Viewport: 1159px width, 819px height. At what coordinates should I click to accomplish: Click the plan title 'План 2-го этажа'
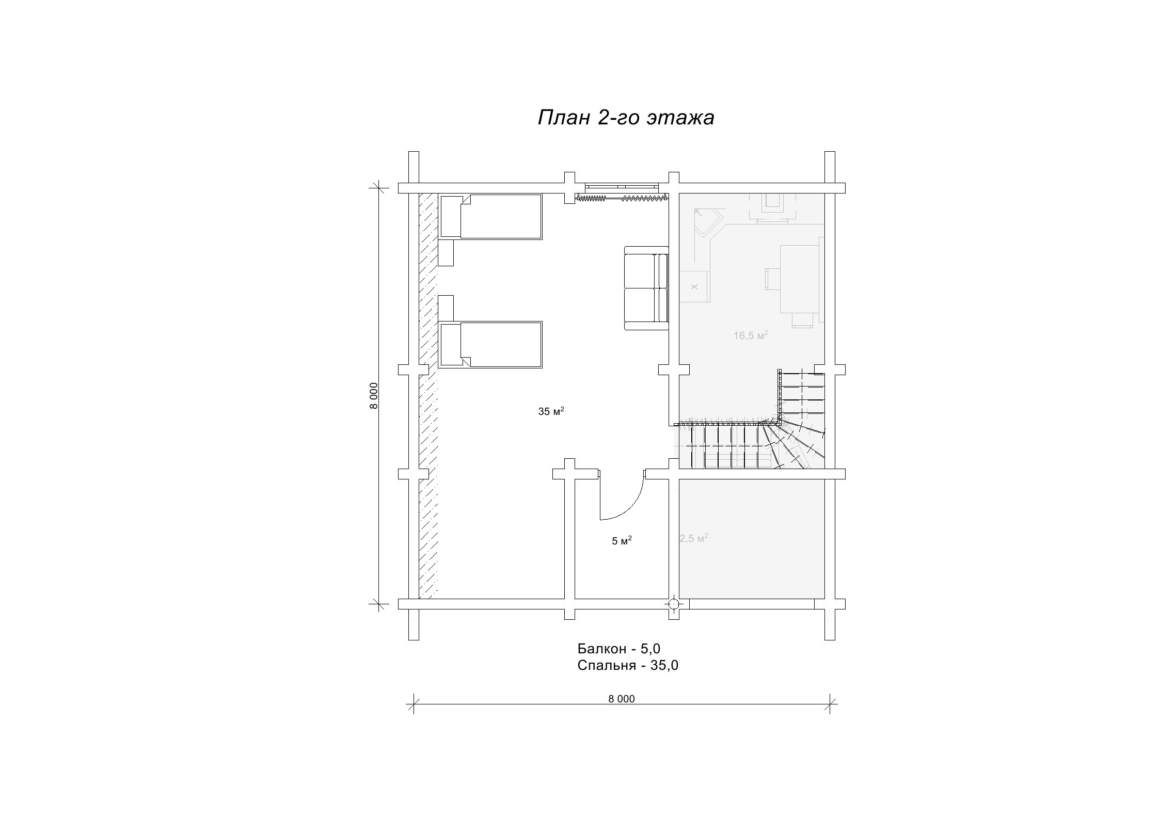(626, 118)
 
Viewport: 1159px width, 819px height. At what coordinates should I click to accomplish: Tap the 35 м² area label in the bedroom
(551, 411)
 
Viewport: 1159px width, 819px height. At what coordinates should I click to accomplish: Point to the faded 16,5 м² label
(751, 335)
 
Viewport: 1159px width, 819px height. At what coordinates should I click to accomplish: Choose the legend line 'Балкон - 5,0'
(619, 648)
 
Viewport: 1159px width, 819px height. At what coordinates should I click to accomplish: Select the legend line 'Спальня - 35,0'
(628, 665)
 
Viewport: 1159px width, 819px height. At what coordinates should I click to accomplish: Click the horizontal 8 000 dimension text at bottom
(621, 699)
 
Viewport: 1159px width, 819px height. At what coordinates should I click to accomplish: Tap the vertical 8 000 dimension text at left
(374, 395)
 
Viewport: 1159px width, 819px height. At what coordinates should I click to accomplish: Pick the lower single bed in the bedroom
(490, 344)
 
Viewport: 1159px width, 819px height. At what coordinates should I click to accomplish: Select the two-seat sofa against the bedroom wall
(646, 288)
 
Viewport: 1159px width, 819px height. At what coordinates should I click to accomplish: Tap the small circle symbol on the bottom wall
(674, 604)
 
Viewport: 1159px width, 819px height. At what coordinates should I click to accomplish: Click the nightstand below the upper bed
(446, 252)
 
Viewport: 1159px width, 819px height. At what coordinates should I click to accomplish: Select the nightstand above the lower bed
(446, 308)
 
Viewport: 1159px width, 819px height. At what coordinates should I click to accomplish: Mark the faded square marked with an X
(694, 286)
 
